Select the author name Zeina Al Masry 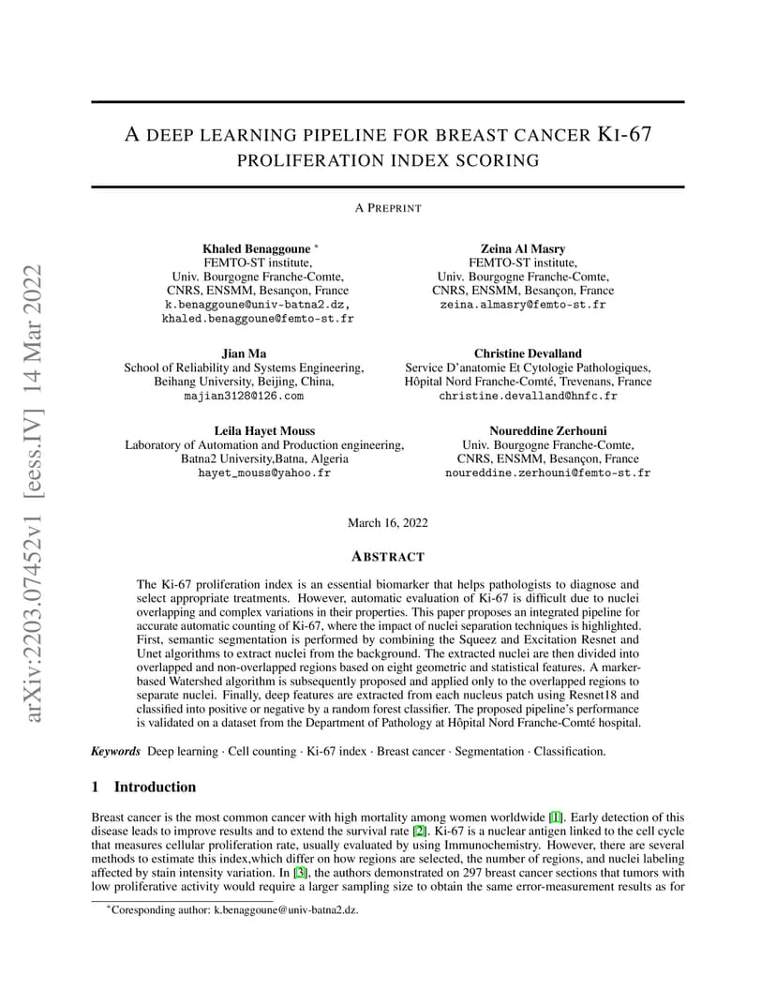coord(522,248)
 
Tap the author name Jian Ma coord(244,353)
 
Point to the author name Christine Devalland coord(528,353)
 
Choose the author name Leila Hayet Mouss coord(264,430)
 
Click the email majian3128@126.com coord(244,397)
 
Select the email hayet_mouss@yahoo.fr coord(264,473)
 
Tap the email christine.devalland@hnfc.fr coord(528,397)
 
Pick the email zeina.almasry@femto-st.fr coord(522,306)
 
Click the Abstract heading coord(387,557)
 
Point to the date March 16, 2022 coord(387,522)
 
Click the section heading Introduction coord(155,787)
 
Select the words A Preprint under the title coord(387,208)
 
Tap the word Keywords coord(115,751)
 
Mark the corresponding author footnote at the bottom coord(234,909)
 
